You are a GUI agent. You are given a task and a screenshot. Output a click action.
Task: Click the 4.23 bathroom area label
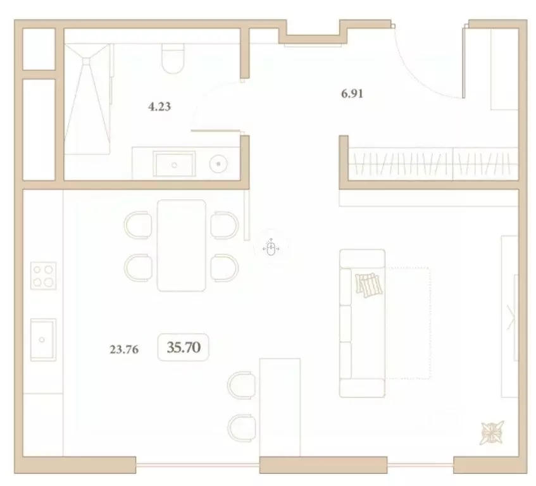159,107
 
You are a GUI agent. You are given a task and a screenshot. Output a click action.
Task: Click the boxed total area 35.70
184,347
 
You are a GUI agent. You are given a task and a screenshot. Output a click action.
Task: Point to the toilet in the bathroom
172,58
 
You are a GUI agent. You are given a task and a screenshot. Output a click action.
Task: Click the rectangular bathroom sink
175,163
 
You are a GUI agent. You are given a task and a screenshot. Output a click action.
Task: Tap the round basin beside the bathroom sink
219,164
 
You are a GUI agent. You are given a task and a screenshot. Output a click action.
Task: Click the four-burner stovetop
43,277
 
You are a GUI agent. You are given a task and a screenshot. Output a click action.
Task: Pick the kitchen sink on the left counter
43,339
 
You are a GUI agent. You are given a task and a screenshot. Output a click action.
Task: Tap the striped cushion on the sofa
370,285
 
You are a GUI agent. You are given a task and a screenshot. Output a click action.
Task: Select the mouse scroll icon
271,247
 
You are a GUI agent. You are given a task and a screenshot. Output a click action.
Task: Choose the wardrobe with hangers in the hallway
430,163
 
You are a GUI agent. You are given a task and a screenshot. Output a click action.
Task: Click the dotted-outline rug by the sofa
408,323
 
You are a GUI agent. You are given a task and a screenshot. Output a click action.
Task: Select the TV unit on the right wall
510,316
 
